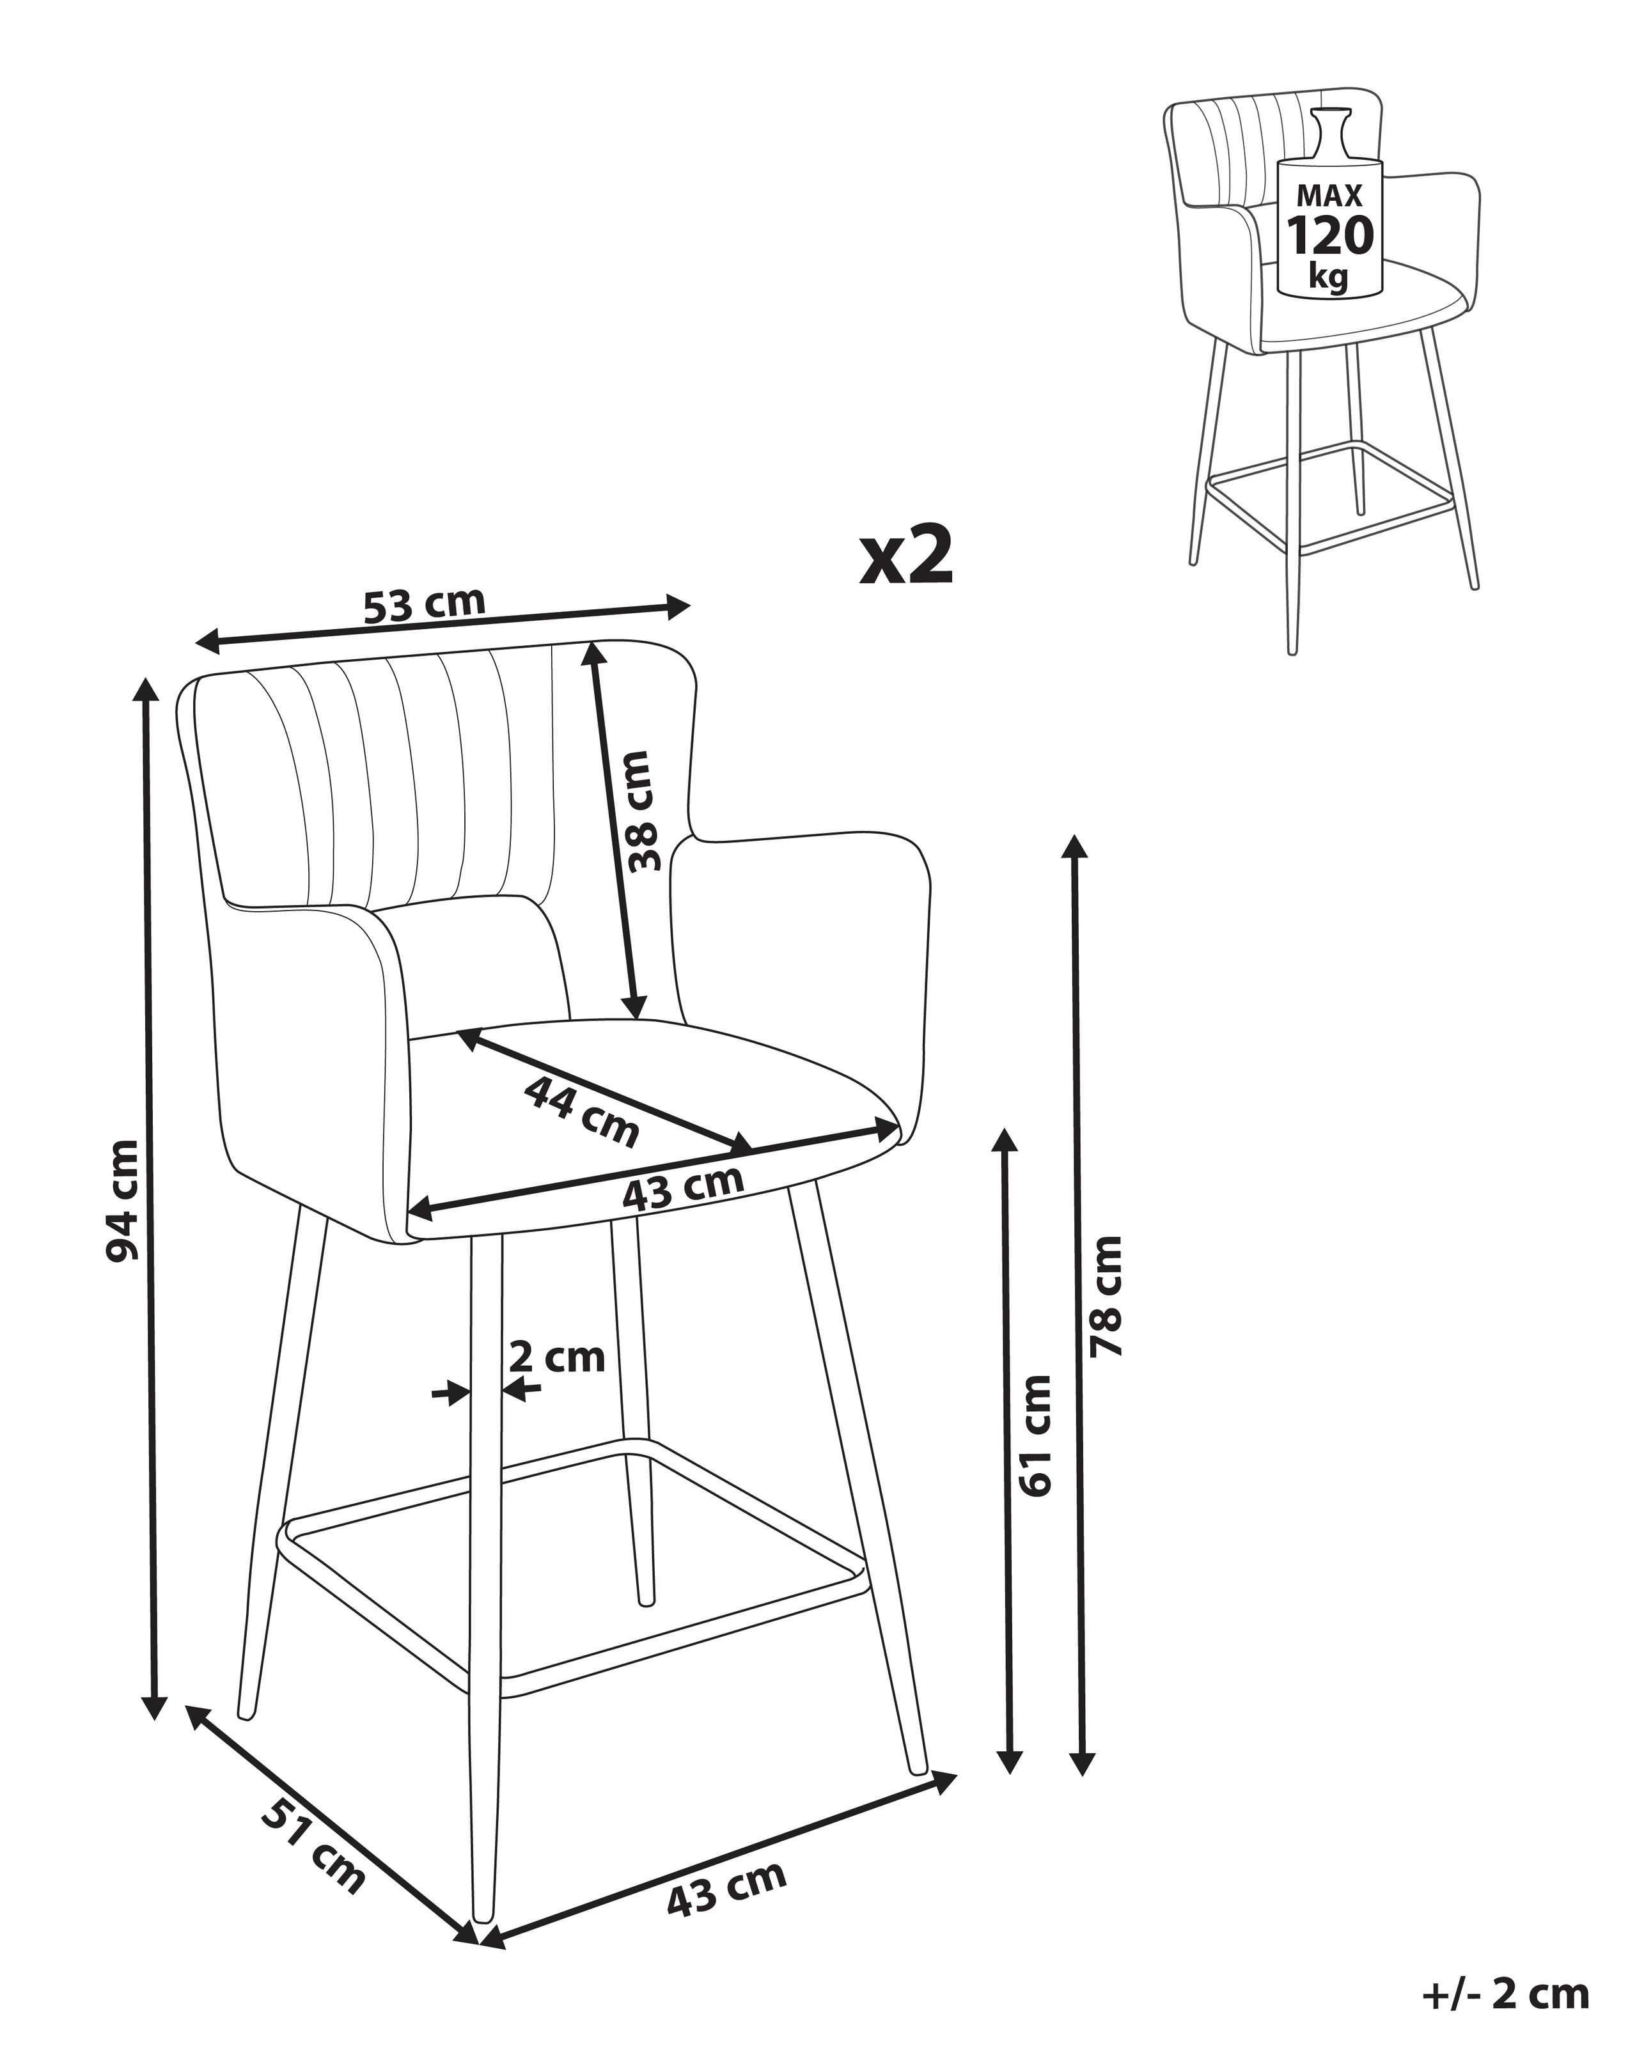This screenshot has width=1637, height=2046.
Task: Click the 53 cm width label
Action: (x=424, y=604)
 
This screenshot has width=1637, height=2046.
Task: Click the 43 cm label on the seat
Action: (x=682, y=1187)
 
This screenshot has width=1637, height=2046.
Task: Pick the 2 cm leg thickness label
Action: (x=557, y=1357)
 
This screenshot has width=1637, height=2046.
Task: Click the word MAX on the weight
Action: (x=1329, y=196)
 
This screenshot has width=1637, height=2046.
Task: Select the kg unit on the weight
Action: (x=1329, y=276)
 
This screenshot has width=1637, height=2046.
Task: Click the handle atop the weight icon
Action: (x=1329, y=133)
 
